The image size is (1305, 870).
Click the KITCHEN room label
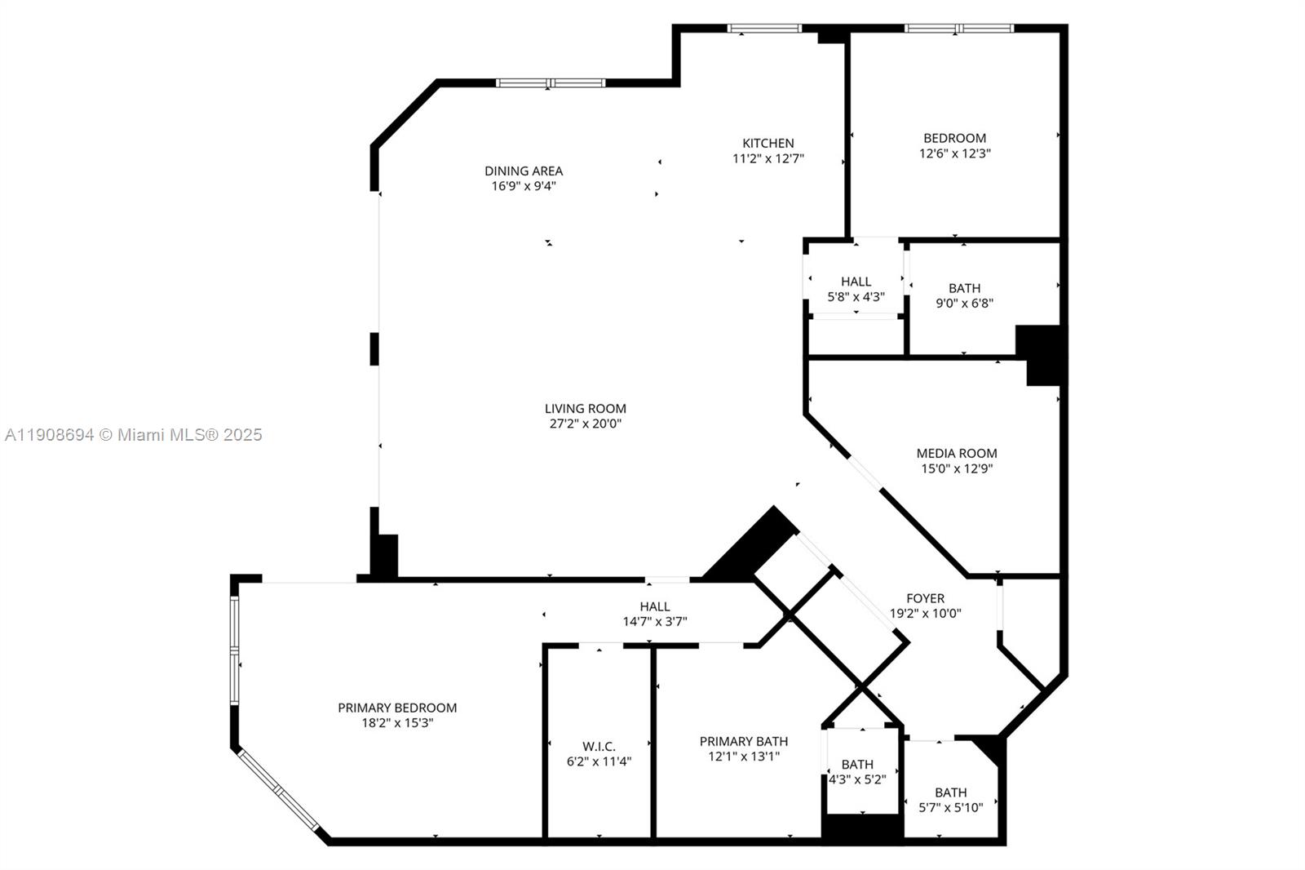click(x=768, y=143)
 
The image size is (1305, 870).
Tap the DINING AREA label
click(x=524, y=171)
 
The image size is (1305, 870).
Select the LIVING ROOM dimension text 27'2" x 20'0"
click(x=585, y=424)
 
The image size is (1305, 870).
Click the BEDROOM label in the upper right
click(x=954, y=138)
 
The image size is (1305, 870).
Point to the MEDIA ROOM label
click(x=956, y=453)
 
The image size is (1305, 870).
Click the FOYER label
click(x=925, y=598)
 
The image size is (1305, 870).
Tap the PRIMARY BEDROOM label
click(x=397, y=708)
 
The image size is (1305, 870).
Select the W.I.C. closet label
click(x=599, y=746)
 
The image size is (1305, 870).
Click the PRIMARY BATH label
click(x=743, y=741)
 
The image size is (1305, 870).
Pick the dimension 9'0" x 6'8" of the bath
click(x=964, y=303)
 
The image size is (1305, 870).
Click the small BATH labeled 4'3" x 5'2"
click(x=856, y=765)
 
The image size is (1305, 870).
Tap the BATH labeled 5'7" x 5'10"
click(x=950, y=792)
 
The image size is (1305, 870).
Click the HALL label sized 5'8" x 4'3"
click(x=856, y=282)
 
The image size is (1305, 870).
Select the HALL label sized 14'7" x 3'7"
click(x=654, y=606)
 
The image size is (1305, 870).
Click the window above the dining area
click(x=551, y=82)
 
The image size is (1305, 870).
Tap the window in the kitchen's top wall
click(x=764, y=29)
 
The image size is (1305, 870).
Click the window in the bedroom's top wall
click(x=958, y=29)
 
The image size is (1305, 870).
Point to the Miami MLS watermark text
click(x=134, y=435)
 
